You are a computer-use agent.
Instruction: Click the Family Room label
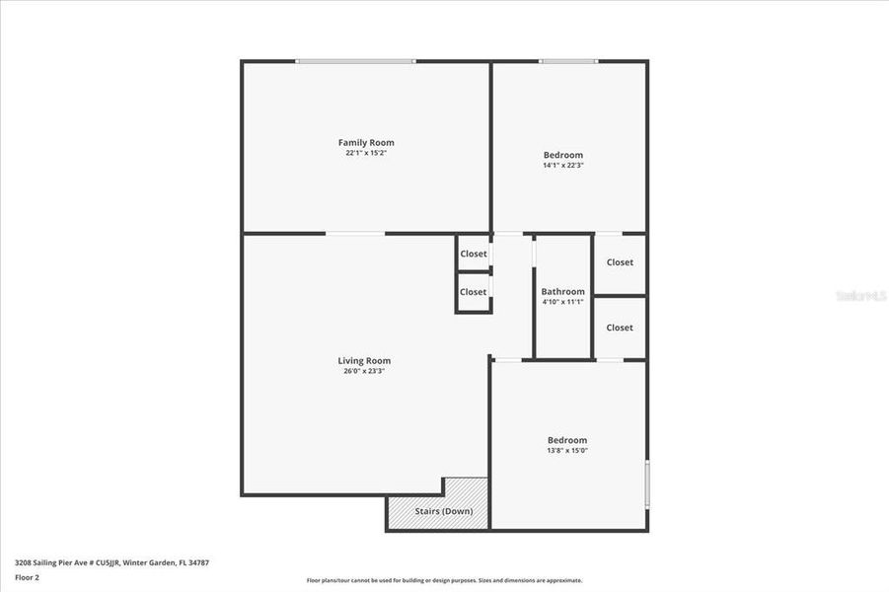click(366, 143)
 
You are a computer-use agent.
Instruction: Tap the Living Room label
click(364, 361)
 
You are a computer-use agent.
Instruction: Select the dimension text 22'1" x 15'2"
click(366, 154)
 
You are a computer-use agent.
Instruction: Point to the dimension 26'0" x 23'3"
click(364, 372)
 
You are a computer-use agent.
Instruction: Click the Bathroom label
click(562, 291)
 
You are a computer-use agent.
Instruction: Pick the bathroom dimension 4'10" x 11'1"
click(562, 302)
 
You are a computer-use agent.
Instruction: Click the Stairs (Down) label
click(443, 511)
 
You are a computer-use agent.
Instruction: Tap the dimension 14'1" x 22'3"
click(563, 166)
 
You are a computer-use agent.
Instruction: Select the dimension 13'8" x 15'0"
click(567, 450)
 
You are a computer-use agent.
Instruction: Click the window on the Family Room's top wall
click(355, 61)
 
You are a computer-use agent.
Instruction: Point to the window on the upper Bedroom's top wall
click(567, 61)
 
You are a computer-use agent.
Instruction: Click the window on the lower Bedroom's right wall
click(647, 483)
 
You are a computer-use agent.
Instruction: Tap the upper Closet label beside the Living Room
click(474, 254)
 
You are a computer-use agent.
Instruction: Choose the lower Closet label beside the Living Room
click(474, 292)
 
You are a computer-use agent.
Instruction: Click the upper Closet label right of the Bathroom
click(620, 262)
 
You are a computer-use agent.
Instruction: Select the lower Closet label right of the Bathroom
click(620, 328)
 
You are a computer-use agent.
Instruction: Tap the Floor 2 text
click(27, 577)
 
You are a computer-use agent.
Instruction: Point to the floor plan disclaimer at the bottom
click(444, 580)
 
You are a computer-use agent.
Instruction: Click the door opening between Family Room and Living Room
click(355, 234)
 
